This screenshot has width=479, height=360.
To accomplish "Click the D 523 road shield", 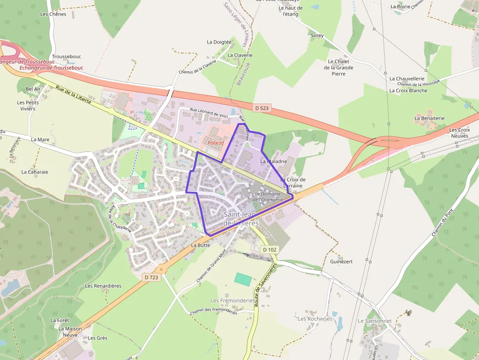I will point(262,108).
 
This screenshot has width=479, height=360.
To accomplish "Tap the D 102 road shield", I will point(269,250).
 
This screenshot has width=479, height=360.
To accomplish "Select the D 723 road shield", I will point(152,277).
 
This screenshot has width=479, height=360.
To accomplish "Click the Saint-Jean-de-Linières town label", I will point(241,218).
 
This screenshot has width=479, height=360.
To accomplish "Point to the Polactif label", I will point(216,143).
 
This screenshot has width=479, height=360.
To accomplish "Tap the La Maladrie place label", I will point(274,161).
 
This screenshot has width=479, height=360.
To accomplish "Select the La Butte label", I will point(200,245).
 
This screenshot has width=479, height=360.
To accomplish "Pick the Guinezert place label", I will point(341,262).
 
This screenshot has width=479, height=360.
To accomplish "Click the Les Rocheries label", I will point(315,319).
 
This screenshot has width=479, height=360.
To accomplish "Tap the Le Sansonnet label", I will point(375,321).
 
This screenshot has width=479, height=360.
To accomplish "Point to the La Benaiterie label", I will point(430,118).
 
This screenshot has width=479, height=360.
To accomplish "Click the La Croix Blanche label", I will point(408,90).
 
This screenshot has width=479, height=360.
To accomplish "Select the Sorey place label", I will point(317,35).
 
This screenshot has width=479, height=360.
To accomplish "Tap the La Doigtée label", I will point(219,42).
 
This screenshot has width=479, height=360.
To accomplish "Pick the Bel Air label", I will point(33,89).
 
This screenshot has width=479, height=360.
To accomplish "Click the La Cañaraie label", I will point(35,172).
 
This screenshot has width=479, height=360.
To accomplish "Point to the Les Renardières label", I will point(103,286).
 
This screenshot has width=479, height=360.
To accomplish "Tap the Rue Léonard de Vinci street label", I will point(209,113).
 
